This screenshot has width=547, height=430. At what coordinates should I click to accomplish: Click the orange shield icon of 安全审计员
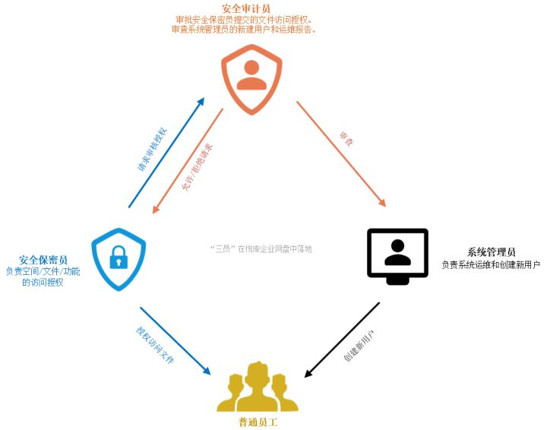point(251,78)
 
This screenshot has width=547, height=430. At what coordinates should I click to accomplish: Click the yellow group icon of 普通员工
point(258,387)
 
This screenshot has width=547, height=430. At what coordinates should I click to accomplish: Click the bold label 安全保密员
point(43,260)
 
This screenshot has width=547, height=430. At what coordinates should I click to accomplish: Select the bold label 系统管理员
point(491,252)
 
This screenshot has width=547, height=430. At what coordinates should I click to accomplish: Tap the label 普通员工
point(258,422)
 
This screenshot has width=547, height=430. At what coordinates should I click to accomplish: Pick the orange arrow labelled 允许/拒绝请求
point(187,161)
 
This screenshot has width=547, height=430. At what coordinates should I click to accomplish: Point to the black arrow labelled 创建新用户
point(342,339)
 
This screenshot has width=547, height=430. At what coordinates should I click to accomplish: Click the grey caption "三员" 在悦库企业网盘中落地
point(261,248)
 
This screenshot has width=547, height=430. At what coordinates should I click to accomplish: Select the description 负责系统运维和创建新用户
point(491,265)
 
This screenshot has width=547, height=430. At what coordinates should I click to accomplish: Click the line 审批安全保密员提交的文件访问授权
point(243,19)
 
